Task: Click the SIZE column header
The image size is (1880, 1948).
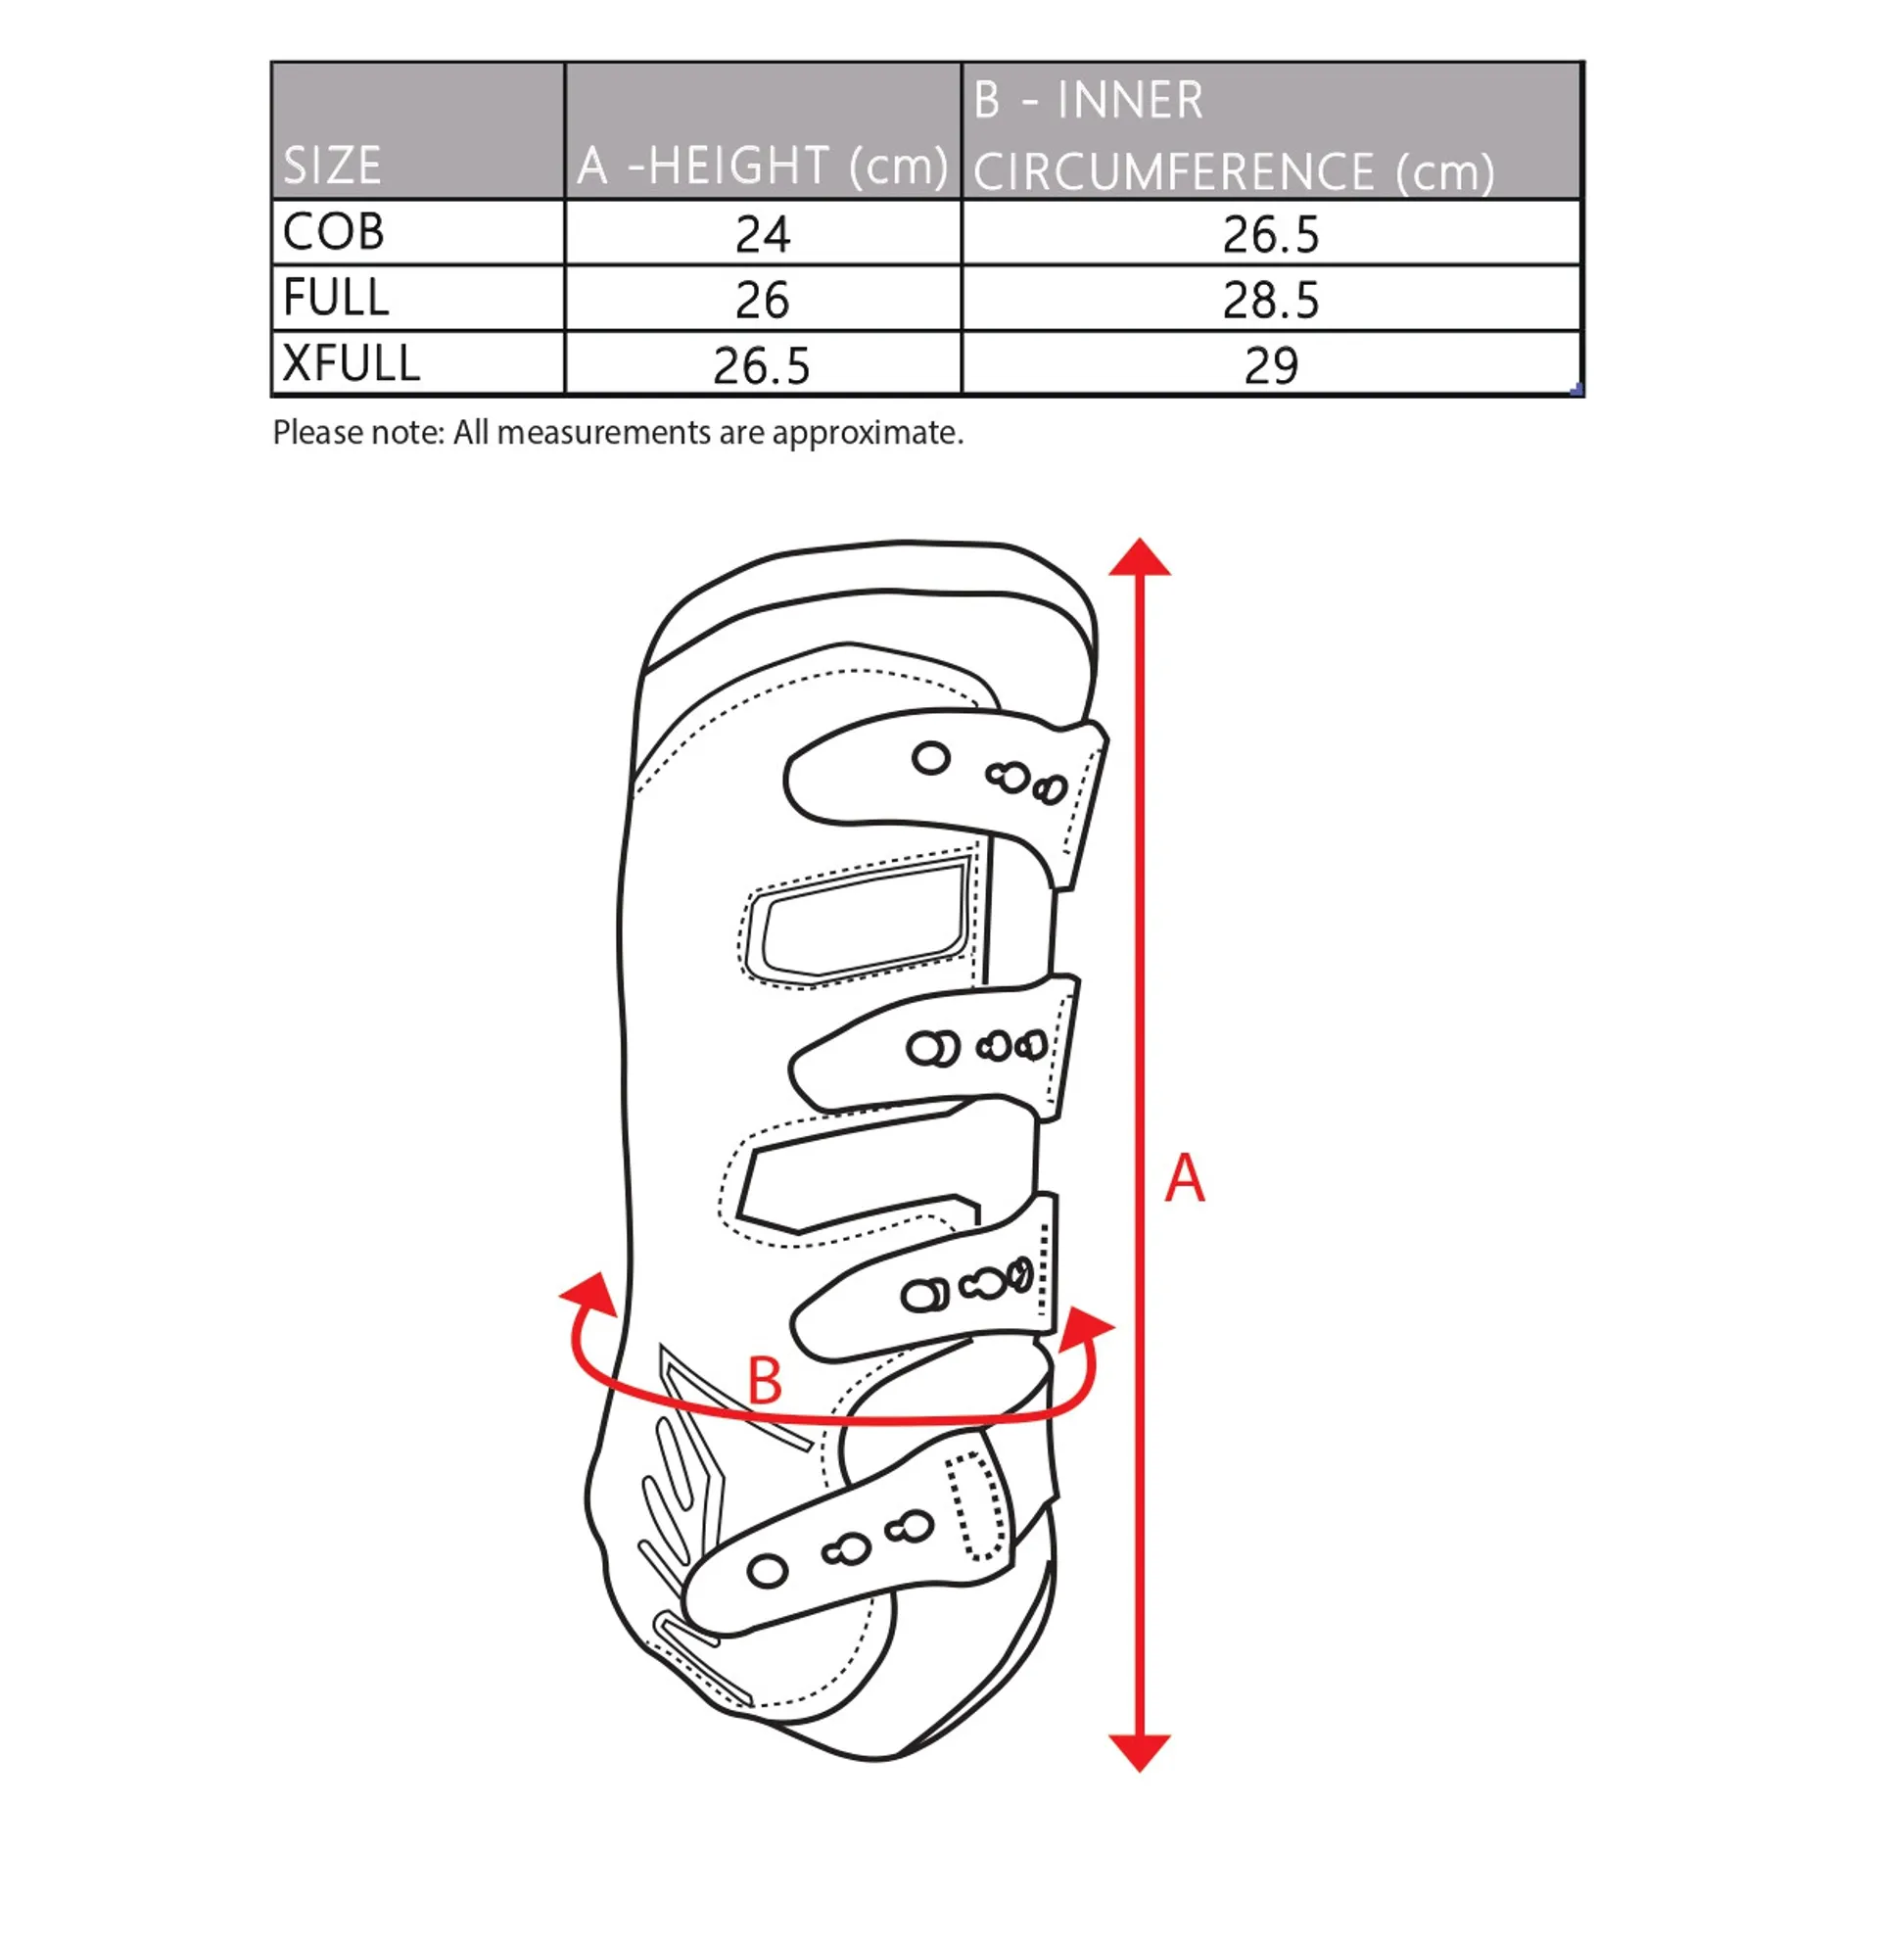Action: (332, 165)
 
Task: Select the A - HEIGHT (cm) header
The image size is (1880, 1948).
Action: (762, 165)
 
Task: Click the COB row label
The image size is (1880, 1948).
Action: (334, 231)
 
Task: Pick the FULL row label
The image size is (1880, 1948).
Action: (336, 297)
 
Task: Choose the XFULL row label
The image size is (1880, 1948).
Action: (351, 362)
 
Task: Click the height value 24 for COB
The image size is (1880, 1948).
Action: (762, 234)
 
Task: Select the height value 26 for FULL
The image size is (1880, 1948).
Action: (762, 300)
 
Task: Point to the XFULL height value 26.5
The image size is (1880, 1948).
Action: (761, 365)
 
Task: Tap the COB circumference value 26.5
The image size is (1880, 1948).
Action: (1271, 234)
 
